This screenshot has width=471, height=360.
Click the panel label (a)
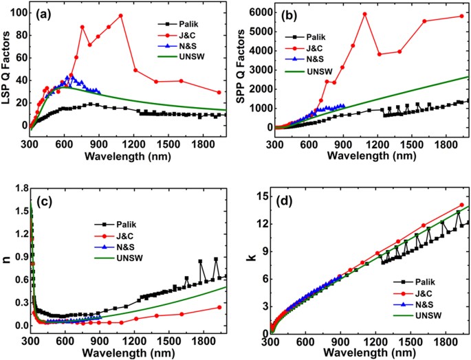click(41, 13)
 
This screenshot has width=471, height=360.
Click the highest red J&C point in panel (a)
click(121, 16)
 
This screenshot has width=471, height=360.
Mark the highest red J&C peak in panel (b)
click(364, 14)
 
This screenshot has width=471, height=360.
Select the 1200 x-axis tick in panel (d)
click(377, 342)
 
